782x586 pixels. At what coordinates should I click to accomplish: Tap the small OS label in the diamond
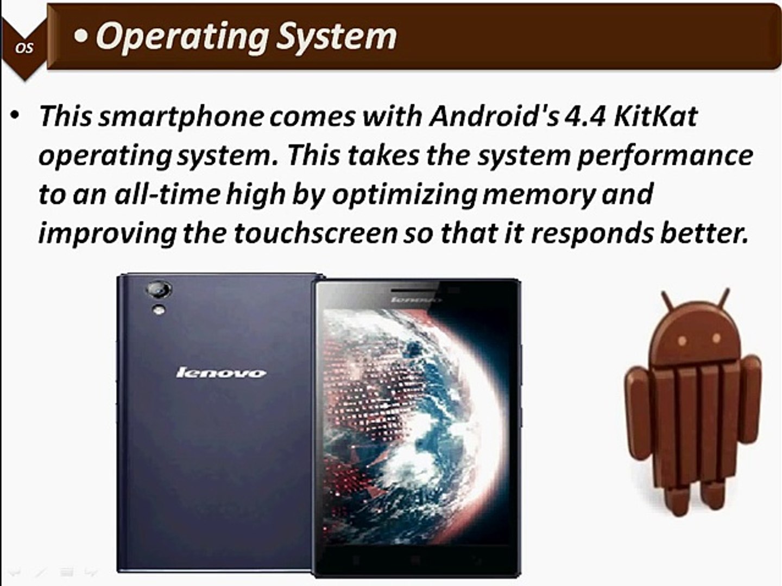pyautogui.click(x=24, y=48)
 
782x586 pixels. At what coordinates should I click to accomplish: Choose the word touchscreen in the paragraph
pyautogui.click(x=316, y=233)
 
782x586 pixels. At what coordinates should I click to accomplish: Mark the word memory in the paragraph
pyautogui.click(x=538, y=195)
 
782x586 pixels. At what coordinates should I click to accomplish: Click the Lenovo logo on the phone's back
pyautogui.click(x=221, y=373)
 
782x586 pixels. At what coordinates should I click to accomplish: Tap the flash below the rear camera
pyautogui.click(x=159, y=310)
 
